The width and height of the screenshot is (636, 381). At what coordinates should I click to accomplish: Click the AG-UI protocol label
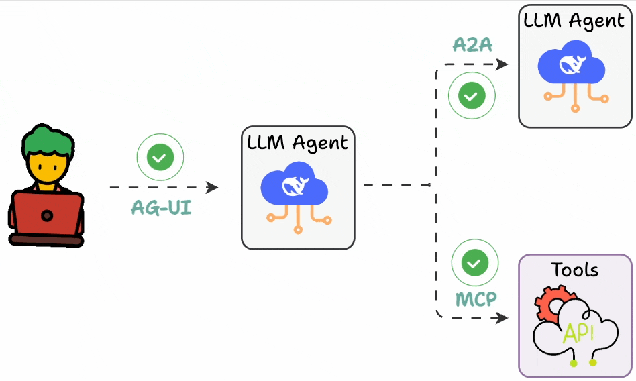[x=161, y=208]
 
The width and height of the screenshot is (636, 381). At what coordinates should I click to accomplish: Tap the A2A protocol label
[x=472, y=45]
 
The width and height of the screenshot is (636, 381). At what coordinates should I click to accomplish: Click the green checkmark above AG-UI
[x=160, y=158]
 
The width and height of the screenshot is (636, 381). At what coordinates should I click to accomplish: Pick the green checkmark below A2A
[x=472, y=96]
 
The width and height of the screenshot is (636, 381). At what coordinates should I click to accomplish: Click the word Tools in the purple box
[x=575, y=270]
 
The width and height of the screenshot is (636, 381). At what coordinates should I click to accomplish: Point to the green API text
[x=578, y=333]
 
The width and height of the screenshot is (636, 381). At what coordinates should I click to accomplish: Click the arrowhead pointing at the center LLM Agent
[x=213, y=188]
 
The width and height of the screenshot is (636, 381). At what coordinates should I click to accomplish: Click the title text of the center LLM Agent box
[x=298, y=143]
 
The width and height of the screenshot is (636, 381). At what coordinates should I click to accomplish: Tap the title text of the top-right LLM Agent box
[x=574, y=20]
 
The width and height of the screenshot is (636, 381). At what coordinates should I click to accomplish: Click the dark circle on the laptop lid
[x=47, y=215]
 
